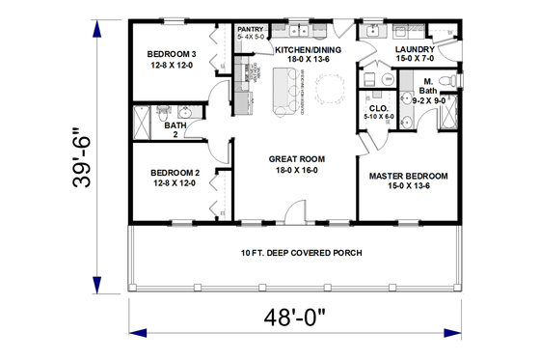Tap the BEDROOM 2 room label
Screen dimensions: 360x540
175,174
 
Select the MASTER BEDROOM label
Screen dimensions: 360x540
409,177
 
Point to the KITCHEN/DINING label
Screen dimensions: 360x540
306,48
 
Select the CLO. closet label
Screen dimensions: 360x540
377,108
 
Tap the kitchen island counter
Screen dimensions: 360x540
286,93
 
